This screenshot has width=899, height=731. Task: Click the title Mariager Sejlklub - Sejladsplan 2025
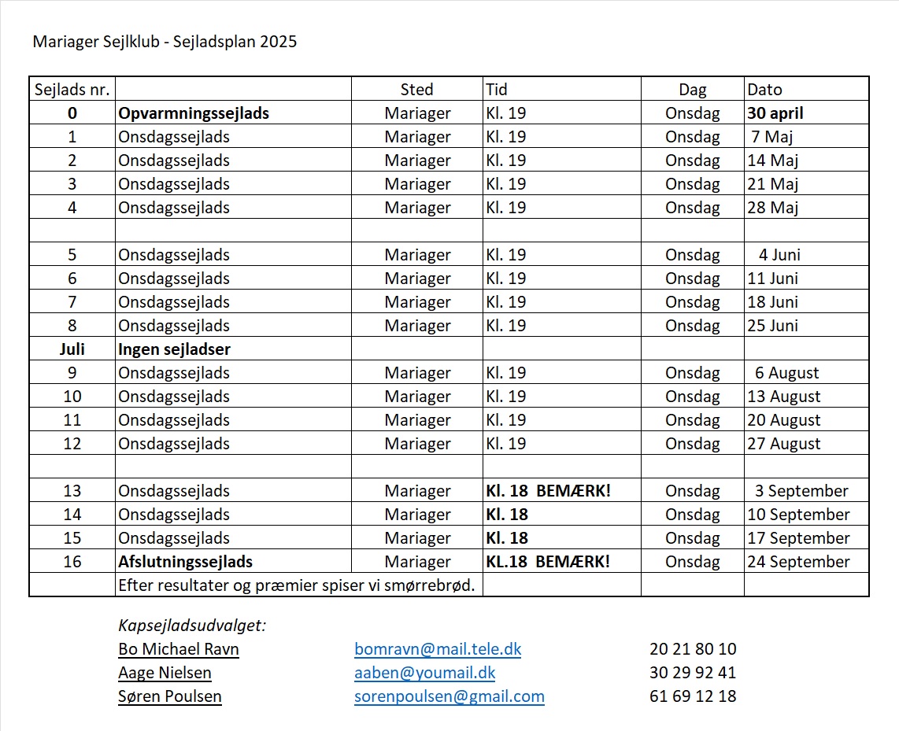[x=165, y=42]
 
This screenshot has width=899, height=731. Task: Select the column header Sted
[x=416, y=90]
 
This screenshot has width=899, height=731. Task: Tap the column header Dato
[x=764, y=90]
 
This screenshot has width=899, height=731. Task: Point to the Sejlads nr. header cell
[x=72, y=90]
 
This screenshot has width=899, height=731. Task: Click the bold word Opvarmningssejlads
[x=194, y=113]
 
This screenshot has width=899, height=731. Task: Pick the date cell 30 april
[x=775, y=113]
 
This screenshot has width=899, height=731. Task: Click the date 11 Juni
[x=772, y=279]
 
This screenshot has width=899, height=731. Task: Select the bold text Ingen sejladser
[x=174, y=349]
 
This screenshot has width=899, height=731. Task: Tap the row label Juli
[x=72, y=349]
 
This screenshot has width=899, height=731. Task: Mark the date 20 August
[x=783, y=420]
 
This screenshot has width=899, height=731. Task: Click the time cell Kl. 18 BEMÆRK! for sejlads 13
[x=548, y=491]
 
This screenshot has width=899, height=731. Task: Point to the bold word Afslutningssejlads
[x=185, y=562]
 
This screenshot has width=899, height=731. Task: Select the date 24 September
[x=798, y=562]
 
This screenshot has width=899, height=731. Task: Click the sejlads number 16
[x=72, y=562]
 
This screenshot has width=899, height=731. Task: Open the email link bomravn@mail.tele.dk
[x=438, y=649]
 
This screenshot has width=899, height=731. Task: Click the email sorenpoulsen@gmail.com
[x=449, y=696]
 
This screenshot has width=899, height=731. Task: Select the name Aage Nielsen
[x=165, y=673]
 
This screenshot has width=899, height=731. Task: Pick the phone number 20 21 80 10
[x=693, y=649]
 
